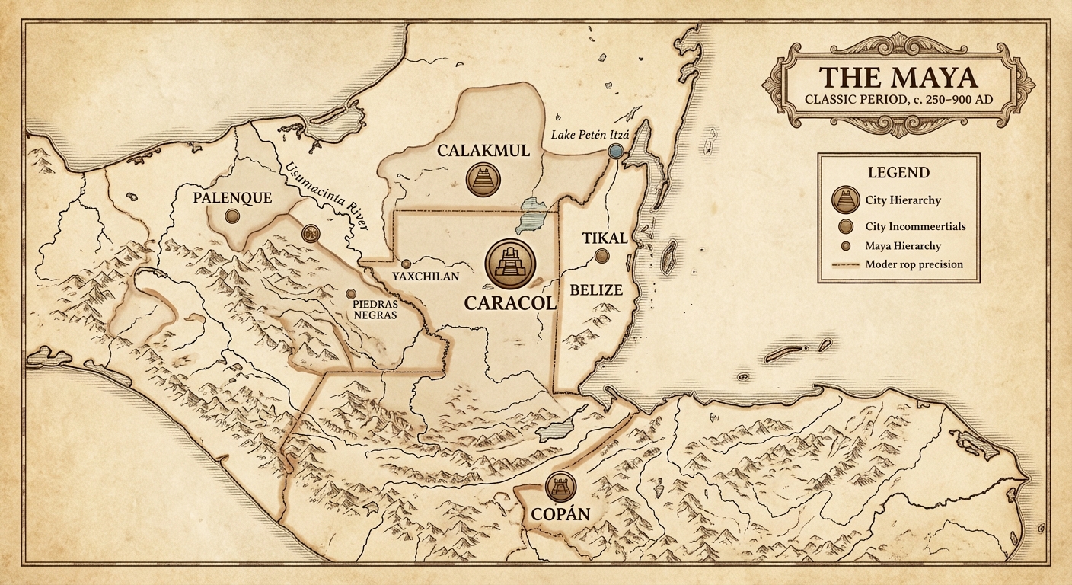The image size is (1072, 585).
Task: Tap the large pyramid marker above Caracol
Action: pos(510,263)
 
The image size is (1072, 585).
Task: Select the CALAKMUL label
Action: pos(483,151)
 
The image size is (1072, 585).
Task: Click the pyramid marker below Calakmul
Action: pos(483,179)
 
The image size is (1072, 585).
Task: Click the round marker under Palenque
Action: pos(232,216)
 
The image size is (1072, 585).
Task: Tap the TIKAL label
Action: pos(605,238)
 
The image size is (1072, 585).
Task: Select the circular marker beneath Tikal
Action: pos(602,257)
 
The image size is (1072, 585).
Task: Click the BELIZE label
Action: pos(597,289)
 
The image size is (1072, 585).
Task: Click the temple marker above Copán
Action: pos(561,485)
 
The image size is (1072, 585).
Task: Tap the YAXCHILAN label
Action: pos(425,277)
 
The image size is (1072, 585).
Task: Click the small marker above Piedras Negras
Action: pos(351,293)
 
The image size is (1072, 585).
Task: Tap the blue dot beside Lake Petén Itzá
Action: pos(616,152)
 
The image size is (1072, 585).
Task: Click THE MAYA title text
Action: pos(898,79)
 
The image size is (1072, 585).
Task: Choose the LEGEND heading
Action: pos(898,172)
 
